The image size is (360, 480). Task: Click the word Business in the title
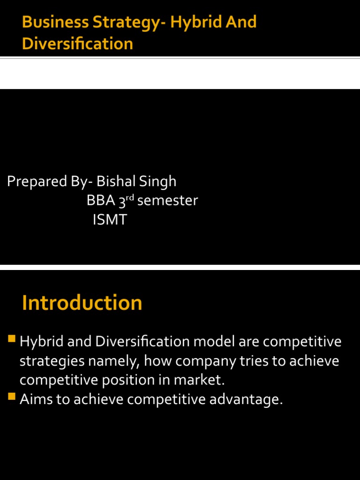[50, 22]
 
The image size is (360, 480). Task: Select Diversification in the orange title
[77, 44]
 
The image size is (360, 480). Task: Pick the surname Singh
[160, 181]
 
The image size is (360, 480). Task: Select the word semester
[168, 201]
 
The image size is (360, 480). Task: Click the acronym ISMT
[110, 220]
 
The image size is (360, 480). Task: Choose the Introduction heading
[82, 303]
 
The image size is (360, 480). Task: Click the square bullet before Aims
[12, 397]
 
